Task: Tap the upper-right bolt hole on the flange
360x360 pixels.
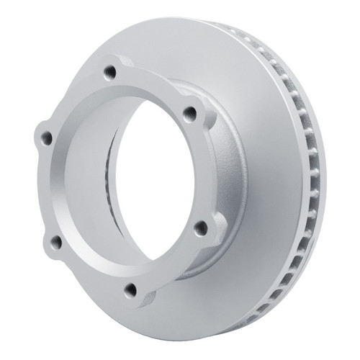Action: coord(191,112)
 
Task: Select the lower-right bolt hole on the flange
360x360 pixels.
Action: coord(201,228)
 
